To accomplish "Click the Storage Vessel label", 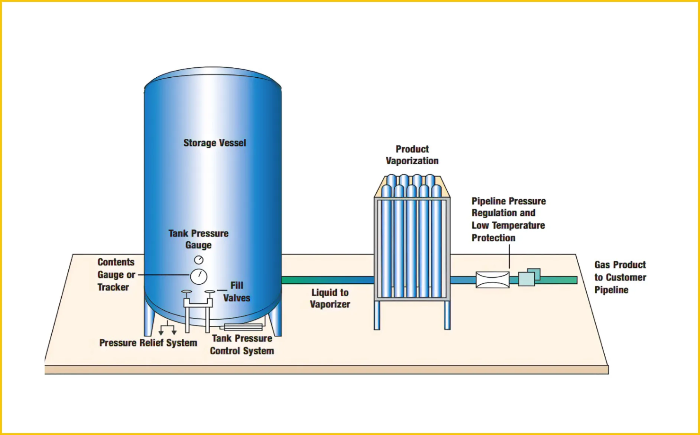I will point(215,143).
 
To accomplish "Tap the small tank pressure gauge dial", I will point(199,260).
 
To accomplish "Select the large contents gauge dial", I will point(199,277).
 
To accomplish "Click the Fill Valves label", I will point(236,292).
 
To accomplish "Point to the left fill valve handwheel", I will point(187,292).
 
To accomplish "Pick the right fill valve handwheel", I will point(210,292).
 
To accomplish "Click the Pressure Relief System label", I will point(148,343).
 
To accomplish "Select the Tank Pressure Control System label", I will point(242,345).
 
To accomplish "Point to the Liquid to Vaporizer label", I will point(330,299).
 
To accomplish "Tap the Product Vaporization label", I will point(412,155).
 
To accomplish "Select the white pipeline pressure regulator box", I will point(492,280).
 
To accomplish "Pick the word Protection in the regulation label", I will point(493,238).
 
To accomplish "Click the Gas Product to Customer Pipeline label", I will point(620,277).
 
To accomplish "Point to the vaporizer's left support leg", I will point(377,315).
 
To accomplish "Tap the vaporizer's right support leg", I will point(447,315).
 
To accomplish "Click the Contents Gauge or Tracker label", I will point(116,275).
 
